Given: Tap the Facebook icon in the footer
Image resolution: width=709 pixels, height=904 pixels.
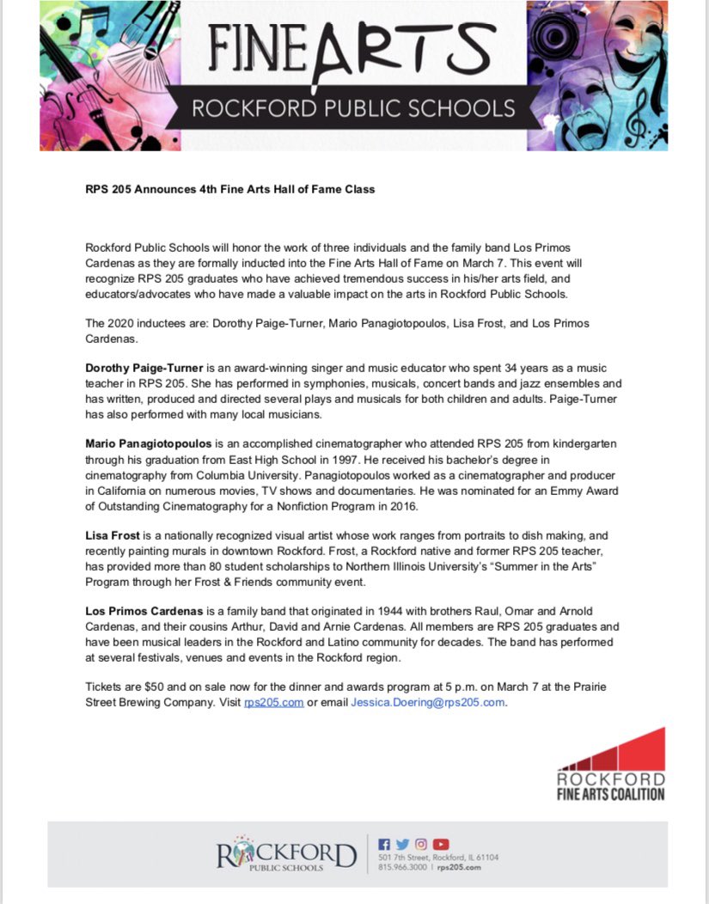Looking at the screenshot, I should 384,844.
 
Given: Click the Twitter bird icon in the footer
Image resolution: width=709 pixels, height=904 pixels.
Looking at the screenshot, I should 402,844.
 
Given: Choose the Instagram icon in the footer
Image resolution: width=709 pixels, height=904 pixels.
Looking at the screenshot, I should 421,844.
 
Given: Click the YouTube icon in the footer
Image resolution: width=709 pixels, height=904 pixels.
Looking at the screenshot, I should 441,844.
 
